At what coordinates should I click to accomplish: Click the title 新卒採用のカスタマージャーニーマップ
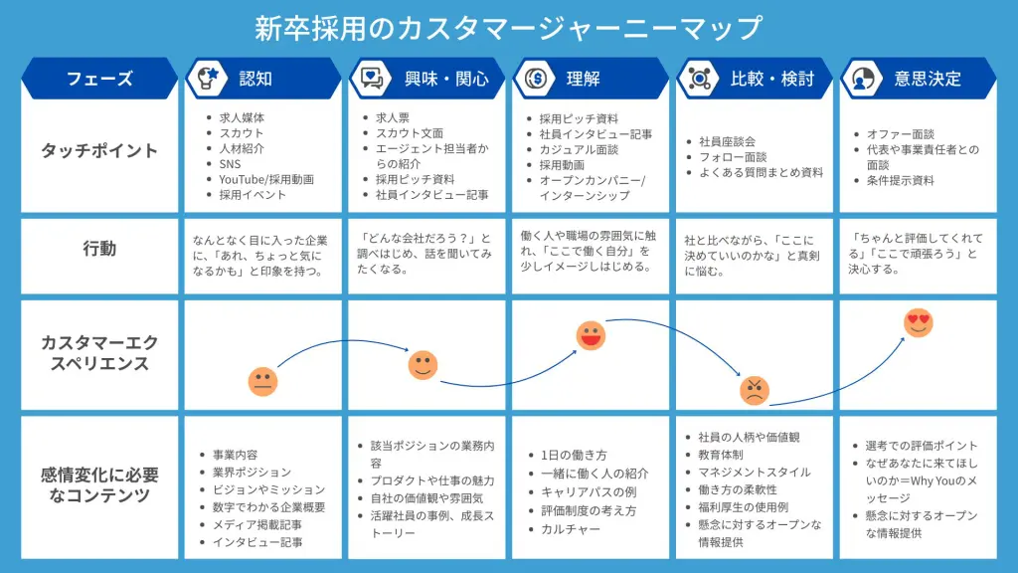pos(508,28)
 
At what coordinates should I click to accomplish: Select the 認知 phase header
pos(255,79)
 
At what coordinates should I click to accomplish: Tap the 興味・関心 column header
pos(446,79)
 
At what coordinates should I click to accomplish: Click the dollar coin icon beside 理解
pos(536,79)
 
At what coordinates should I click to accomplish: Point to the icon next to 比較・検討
pos(699,79)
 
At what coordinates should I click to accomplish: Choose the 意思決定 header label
pos(928,79)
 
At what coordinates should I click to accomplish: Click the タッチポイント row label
pos(99,151)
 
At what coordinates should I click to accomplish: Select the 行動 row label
pos(99,248)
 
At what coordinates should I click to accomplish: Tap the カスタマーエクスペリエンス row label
pos(99,353)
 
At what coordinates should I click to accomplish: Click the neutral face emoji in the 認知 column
pos(262,381)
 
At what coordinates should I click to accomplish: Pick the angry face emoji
pos(755,390)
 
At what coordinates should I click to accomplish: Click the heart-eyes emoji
pos(918,323)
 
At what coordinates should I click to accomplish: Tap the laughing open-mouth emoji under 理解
pos(591,336)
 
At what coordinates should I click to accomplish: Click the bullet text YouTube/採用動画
pos(266,179)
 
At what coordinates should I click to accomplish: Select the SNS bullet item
pos(230,164)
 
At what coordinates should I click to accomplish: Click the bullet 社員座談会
pos(727,141)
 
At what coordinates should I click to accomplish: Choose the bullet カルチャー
pos(571,529)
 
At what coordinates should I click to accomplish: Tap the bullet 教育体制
pos(721,455)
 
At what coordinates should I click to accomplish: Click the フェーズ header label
pos(99,79)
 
